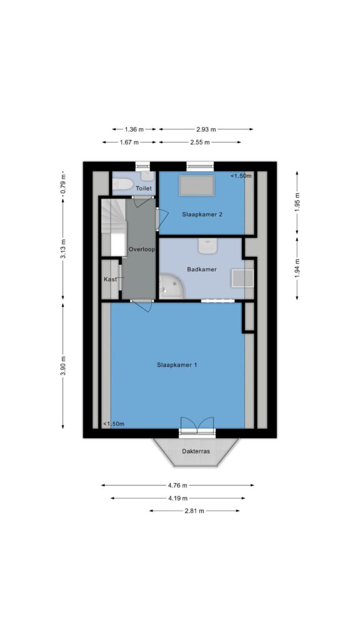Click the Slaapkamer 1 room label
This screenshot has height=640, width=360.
(x=177, y=365)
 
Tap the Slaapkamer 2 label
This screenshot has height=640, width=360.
(x=202, y=214)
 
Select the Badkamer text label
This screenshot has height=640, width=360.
(x=202, y=269)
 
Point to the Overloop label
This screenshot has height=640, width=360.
(x=141, y=249)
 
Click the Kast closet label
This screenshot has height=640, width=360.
(x=110, y=279)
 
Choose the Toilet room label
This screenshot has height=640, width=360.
(x=144, y=189)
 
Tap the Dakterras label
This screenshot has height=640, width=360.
(x=196, y=451)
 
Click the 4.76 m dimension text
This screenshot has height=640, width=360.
(x=177, y=485)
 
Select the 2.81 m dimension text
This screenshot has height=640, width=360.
(x=194, y=511)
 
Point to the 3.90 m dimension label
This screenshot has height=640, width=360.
(x=63, y=366)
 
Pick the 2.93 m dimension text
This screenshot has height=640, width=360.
(x=206, y=129)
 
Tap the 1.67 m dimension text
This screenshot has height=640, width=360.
(x=129, y=142)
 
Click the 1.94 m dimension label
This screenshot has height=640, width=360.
(x=297, y=269)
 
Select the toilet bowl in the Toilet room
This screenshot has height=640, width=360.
(x=122, y=185)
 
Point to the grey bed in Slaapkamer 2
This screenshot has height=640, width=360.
(x=197, y=185)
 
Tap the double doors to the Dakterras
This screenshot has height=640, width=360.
(x=197, y=425)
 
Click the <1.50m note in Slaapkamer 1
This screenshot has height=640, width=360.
(x=114, y=424)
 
